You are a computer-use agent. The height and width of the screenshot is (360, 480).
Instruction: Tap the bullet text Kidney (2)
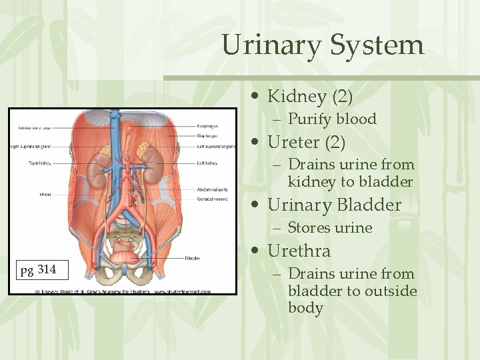coord(309,97)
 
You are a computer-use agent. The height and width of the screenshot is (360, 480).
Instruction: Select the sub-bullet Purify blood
coord(332,119)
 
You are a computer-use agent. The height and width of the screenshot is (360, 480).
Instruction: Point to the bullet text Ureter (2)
coord(306,142)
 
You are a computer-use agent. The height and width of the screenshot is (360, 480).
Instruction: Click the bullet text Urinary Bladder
coord(334,205)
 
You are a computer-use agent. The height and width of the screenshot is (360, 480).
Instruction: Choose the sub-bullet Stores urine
coord(329,228)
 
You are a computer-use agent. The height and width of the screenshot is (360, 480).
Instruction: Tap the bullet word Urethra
coord(299,251)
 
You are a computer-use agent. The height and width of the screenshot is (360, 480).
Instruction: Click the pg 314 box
coord(39,269)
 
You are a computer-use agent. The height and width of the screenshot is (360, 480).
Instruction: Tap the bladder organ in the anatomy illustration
coord(125,254)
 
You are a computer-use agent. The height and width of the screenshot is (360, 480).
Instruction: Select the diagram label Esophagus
coord(207,126)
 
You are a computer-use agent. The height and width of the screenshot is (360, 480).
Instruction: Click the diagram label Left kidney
coord(207,163)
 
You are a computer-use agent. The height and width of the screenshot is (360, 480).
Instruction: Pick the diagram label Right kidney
coord(39,163)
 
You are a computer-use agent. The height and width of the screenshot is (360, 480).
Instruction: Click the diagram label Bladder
coord(194,259)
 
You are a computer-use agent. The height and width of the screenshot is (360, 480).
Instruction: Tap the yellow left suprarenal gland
coord(143,151)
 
